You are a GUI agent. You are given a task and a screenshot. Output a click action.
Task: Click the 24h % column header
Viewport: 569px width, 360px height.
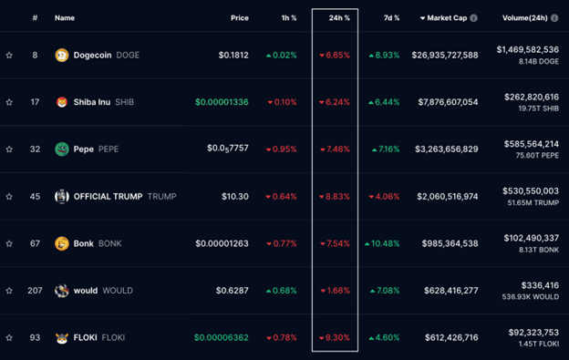339,18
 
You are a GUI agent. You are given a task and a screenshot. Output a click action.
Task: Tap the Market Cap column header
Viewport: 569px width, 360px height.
447,18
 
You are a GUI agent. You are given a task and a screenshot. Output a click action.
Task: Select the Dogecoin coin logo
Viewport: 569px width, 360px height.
62,55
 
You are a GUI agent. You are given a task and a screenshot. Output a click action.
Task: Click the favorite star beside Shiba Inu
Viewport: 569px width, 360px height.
9,102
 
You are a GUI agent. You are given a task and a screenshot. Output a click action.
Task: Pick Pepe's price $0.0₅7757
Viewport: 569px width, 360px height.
228,149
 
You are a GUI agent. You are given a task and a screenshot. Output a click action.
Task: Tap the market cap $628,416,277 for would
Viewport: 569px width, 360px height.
451,291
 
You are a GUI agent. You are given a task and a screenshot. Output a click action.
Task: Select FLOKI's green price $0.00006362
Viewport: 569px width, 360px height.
222,338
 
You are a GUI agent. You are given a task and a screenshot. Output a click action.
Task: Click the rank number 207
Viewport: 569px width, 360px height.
35,291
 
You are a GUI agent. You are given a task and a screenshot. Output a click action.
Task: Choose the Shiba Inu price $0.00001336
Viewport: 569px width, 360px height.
222,102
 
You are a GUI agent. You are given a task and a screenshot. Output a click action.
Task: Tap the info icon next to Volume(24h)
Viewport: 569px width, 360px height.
554,18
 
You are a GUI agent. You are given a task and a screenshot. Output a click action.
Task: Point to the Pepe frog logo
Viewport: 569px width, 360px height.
62,149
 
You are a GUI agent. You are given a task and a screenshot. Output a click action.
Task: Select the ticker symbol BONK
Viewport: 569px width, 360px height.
110,243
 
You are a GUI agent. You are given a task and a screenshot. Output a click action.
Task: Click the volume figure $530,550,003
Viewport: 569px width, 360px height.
531,191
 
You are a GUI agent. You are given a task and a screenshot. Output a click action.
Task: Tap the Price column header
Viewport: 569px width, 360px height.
240,18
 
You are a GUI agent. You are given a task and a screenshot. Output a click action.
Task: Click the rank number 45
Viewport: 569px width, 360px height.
35,197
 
